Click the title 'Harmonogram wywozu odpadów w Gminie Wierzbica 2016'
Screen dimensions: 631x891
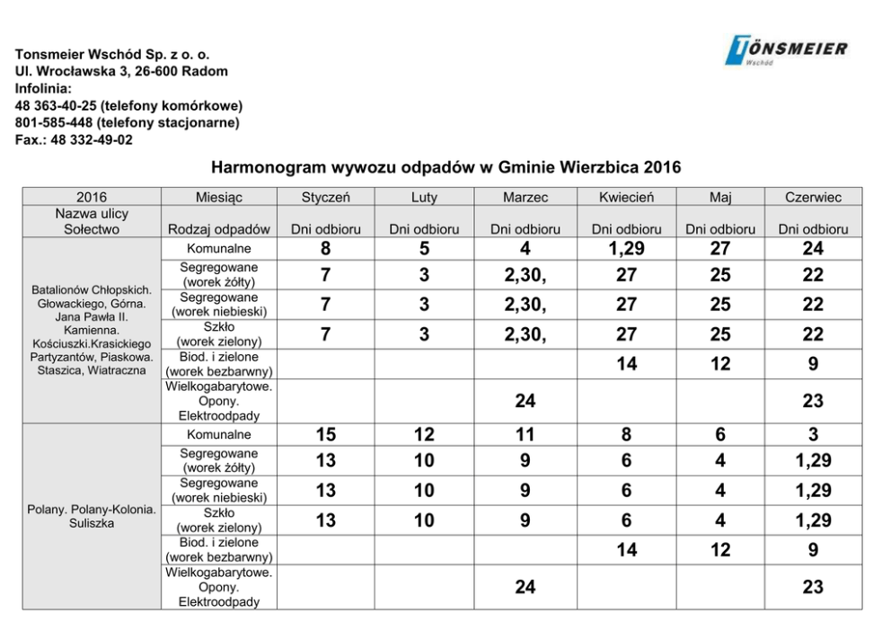click(445, 167)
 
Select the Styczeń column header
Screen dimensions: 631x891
click(326, 197)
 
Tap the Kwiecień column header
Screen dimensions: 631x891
click(626, 197)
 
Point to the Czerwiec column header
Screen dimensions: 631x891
click(813, 197)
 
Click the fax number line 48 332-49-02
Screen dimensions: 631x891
click(74, 139)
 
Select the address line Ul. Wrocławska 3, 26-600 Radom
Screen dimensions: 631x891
click(121, 71)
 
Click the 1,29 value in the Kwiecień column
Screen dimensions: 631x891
click(626, 249)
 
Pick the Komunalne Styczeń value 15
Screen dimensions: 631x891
click(326, 435)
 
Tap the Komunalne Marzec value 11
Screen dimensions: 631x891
click(525, 435)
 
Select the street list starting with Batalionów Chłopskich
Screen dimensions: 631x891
click(92, 331)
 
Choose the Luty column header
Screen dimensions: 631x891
click(424, 197)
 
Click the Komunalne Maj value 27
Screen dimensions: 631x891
click(720, 249)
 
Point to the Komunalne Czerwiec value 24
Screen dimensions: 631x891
click(813, 249)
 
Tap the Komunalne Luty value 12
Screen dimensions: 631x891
click(424, 435)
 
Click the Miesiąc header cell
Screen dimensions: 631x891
click(219, 197)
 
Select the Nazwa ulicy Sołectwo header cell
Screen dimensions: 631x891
click(92, 221)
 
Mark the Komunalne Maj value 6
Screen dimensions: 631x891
click(720, 435)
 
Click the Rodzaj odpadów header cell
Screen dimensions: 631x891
click(219, 229)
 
